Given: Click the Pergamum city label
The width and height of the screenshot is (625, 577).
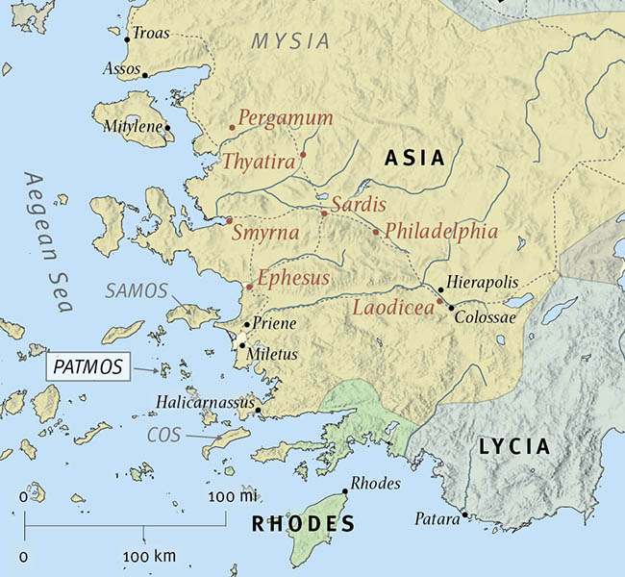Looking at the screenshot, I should point(286,118).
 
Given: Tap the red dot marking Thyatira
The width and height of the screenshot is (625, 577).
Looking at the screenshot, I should point(303,155).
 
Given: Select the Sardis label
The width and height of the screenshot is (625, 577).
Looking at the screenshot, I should point(358,205).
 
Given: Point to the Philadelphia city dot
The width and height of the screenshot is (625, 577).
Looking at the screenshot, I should point(376,231).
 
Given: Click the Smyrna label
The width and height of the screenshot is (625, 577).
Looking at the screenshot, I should point(265,233).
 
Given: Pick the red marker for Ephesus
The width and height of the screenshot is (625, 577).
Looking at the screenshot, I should point(249,287).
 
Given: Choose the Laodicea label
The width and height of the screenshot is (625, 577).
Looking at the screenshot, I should point(394,309).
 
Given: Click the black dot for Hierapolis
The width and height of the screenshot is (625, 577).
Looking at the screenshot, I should point(440,288).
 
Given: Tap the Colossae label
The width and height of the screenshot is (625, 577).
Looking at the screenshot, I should point(485,316).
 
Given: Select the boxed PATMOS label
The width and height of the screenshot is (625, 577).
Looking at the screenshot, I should point(87,367).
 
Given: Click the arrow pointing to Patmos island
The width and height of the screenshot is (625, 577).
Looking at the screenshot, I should point(145,369).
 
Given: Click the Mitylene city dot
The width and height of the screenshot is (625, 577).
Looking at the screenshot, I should point(167,127).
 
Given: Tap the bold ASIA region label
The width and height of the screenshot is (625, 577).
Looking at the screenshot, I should point(413,159).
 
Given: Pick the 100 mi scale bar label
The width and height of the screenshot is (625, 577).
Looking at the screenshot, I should point(234,496).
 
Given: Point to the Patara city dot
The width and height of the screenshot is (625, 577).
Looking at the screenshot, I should point(464,514).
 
